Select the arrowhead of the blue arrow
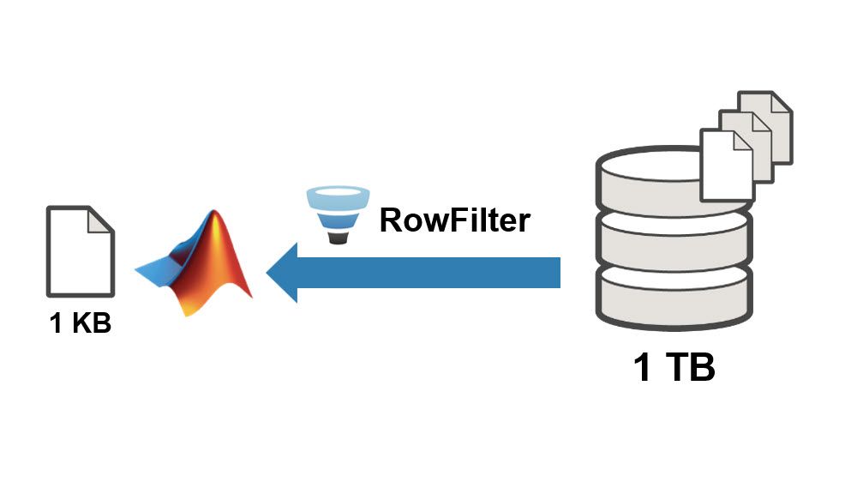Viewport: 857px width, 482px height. pos(283,273)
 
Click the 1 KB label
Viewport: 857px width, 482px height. pos(80,325)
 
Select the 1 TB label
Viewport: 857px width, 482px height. pos(674,367)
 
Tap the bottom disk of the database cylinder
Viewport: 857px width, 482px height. pos(674,296)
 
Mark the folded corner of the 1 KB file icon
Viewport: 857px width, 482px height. pos(102,219)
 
